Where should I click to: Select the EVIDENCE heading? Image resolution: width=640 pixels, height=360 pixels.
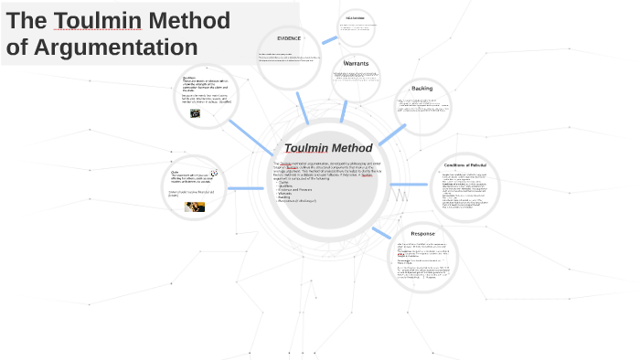click(289, 38)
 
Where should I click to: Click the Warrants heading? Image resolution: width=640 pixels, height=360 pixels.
click(357, 63)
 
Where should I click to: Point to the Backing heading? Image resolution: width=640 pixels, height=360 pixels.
click(421, 89)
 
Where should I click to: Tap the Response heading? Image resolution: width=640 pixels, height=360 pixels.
click(422, 234)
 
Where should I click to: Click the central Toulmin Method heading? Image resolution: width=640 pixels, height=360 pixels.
click(328, 148)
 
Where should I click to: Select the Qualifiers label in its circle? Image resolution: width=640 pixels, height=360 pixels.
click(189, 78)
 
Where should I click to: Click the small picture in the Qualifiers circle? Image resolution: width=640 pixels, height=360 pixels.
click(195, 114)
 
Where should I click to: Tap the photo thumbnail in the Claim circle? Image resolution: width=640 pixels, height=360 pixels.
click(195, 206)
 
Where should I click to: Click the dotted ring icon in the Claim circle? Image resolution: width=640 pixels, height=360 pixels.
click(214, 173)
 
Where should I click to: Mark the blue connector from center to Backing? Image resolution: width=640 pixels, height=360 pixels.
click(391, 134)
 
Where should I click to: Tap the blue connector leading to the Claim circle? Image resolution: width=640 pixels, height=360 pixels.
click(244, 188)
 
